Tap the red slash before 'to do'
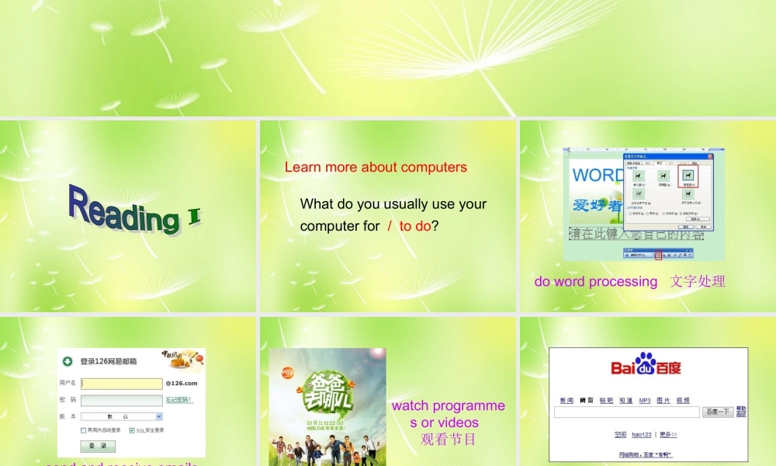click(x=390, y=226)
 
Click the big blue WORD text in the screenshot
click(x=597, y=175)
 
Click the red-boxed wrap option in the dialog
click(x=688, y=176)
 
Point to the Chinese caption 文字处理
click(x=698, y=281)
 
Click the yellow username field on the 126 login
click(x=121, y=383)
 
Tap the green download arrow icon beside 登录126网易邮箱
click(x=68, y=361)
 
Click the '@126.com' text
click(x=182, y=383)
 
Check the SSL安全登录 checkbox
click(x=131, y=430)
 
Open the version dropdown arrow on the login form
click(x=159, y=416)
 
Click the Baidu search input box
click(x=626, y=412)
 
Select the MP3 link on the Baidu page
click(x=645, y=401)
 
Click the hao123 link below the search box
click(x=641, y=435)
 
